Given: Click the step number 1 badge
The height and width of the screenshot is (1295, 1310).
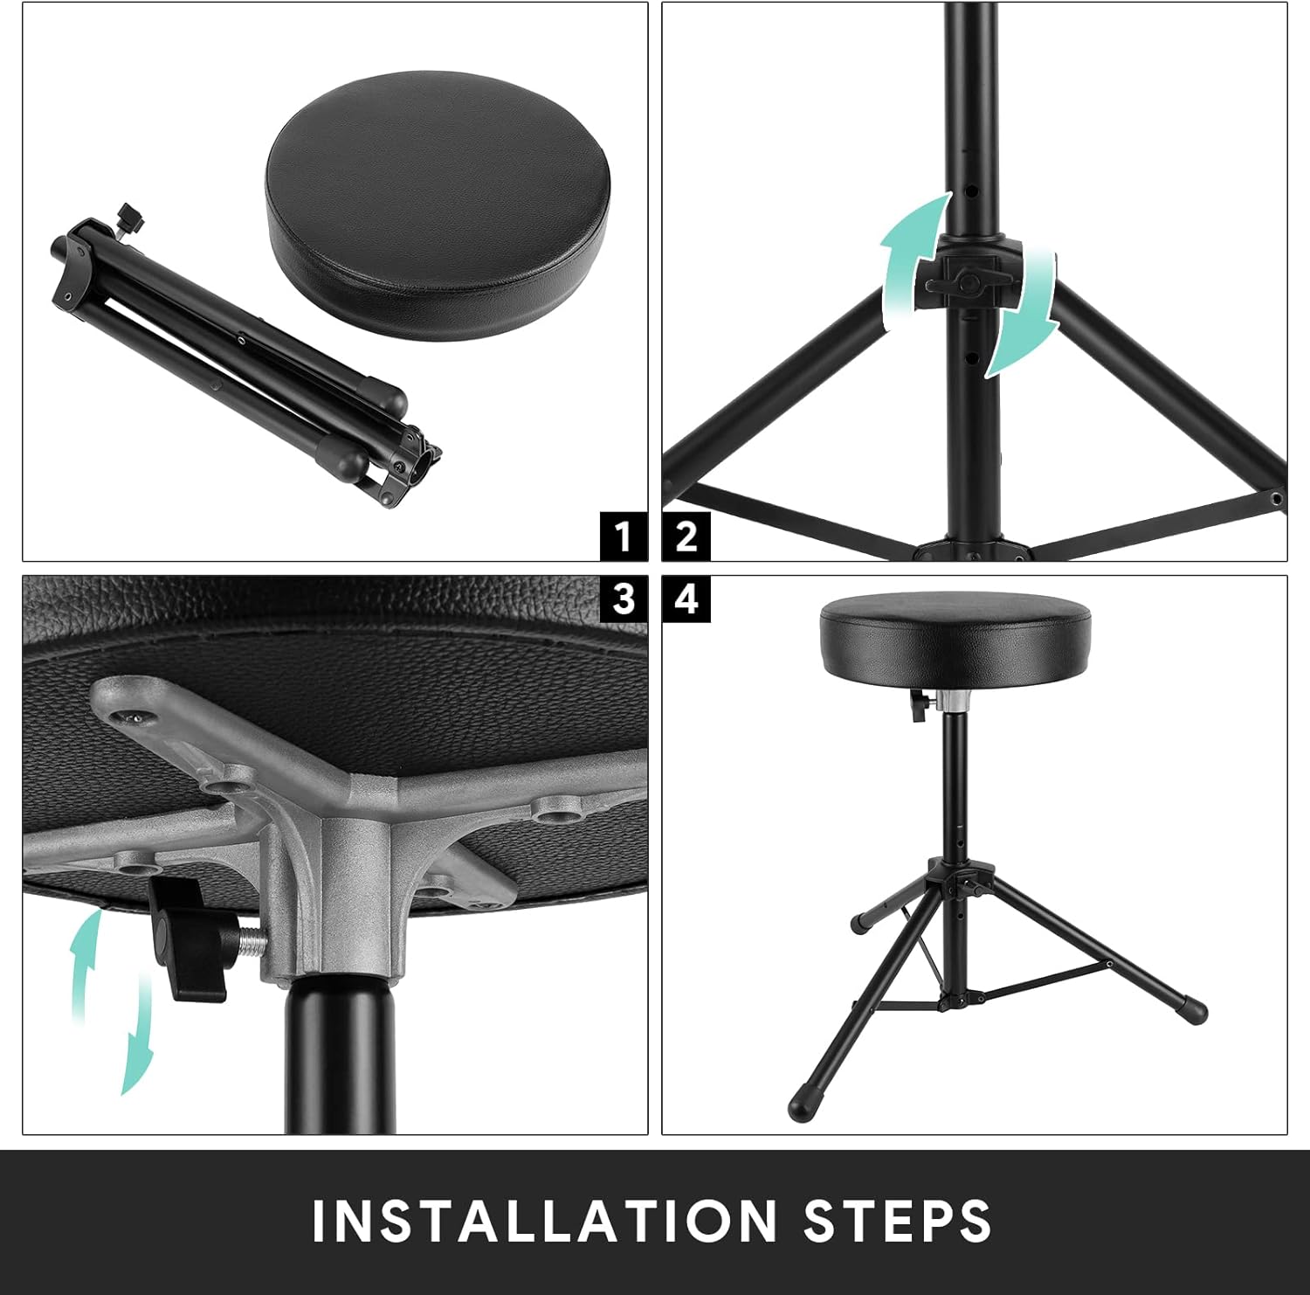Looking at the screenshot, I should coord(623,536).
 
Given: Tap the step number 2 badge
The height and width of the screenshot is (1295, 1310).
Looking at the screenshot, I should coord(686,536).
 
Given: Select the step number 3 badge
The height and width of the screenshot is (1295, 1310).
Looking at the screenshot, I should coord(623,599).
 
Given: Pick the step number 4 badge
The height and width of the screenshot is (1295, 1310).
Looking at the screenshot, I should coord(686,599).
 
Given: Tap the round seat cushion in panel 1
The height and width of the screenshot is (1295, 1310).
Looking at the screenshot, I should coord(437,205).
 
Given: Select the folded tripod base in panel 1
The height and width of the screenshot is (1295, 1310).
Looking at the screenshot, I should coord(236,358).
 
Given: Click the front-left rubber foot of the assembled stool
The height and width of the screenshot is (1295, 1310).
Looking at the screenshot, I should coord(801,1105).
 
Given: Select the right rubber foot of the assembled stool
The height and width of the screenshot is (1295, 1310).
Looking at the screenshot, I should coord(1191,1010).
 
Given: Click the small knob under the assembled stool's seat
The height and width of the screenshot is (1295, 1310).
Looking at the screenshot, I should coord(919,704).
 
